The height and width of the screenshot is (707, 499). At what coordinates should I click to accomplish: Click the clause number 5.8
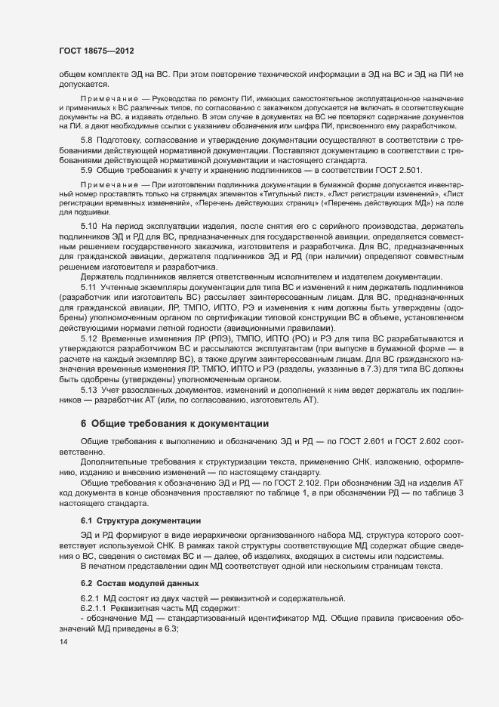pos(87,140)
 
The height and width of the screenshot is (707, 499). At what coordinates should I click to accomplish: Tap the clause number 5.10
pos(89,227)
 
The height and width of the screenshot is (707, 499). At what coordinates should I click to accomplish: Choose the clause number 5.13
pos(89,388)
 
